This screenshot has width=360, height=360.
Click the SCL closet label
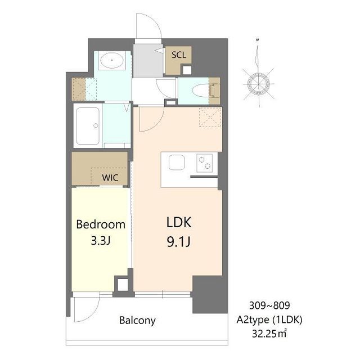click(x=179, y=55)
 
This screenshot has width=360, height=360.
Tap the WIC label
click(x=110, y=178)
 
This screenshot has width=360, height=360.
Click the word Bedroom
click(x=101, y=224)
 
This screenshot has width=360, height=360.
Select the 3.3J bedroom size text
click(x=101, y=241)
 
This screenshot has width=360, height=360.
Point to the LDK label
click(x=179, y=222)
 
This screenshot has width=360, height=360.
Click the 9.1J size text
click(x=179, y=241)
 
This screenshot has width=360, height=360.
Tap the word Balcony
click(x=137, y=321)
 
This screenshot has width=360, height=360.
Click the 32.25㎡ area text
click(x=269, y=334)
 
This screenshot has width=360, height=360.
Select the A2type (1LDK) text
click(x=269, y=319)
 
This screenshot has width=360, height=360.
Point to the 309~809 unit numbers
click(x=269, y=305)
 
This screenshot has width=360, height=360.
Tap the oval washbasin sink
click(x=112, y=60)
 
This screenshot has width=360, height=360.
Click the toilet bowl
click(x=201, y=91)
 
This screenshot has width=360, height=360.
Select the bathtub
click(x=88, y=126)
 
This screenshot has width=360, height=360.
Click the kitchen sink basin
click(x=176, y=163)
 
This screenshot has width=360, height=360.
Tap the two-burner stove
click(x=204, y=163)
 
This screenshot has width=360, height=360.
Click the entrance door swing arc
click(x=154, y=19)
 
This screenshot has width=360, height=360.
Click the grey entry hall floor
click(x=148, y=60)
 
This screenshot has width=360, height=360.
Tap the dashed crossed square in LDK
click(x=210, y=117)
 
